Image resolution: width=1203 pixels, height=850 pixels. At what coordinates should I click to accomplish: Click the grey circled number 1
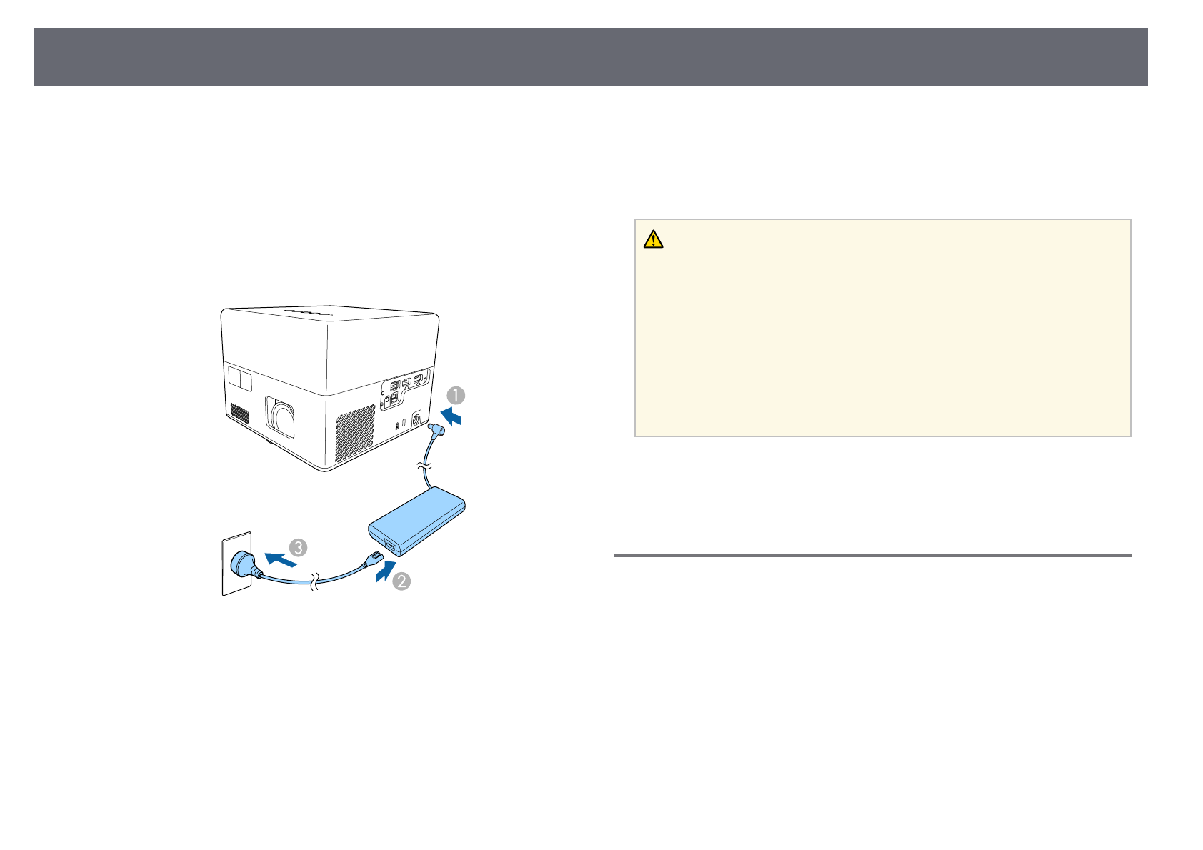pyautogui.click(x=456, y=395)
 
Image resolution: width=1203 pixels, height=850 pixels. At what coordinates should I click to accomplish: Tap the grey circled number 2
pyautogui.click(x=401, y=581)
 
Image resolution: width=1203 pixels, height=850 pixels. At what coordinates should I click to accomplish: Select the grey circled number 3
pyautogui.click(x=298, y=548)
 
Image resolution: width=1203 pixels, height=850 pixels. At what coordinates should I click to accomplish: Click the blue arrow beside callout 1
pyautogui.click(x=451, y=416)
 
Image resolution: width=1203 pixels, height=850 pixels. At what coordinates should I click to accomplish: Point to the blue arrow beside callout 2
pyautogui.click(x=384, y=571)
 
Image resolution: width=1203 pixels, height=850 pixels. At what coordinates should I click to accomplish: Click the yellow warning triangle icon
pyautogui.click(x=653, y=239)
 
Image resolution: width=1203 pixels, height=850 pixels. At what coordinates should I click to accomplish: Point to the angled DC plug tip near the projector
pyautogui.click(x=436, y=431)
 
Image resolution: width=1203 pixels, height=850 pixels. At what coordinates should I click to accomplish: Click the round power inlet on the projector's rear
pyautogui.click(x=416, y=421)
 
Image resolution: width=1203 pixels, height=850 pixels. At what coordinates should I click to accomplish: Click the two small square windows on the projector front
pyautogui.click(x=241, y=379)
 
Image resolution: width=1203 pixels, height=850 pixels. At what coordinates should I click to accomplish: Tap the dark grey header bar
pyautogui.click(x=591, y=57)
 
